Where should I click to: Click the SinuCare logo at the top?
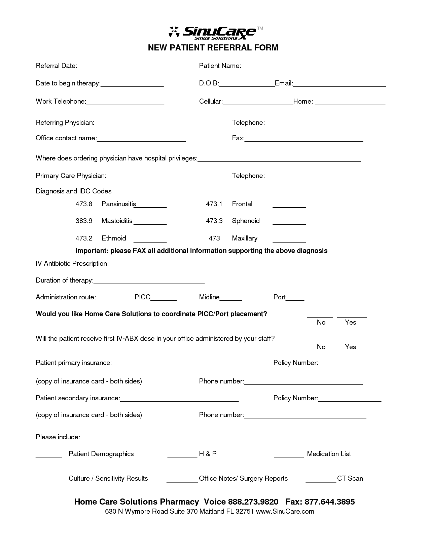pyautogui.click(x=213, y=33)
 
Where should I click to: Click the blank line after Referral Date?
pyautogui.click(x=110, y=67)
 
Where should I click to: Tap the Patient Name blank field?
pyautogui.click(x=313, y=67)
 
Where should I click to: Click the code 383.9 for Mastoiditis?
pyautogui.click(x=84, y=221)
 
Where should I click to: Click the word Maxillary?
pyautogui.click(x=245, y=238)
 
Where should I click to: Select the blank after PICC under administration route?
pyautogui.click(x=164, y=298)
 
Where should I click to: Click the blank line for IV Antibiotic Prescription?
pyautogui.click(x=216, y=264)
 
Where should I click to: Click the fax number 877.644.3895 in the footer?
pyautogui.click(x=329, y=502)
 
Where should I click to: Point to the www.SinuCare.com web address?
pyautogui.click(x=285, y=512)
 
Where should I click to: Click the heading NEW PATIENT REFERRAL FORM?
pyautogui.click(x=213, y=48)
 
